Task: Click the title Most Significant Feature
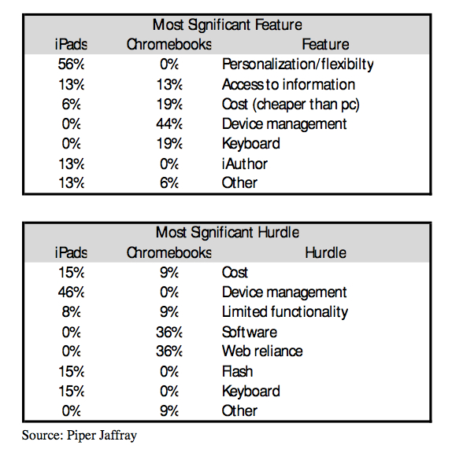coord(227,24)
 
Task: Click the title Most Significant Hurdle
coord(227,232)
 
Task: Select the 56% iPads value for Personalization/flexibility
coord(71,64)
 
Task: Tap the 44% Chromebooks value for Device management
coord(169,124)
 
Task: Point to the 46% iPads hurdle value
coord(71,293)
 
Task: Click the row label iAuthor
coord(244,164)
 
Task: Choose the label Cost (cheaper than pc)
coord(291,105)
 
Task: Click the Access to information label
coord(288,85)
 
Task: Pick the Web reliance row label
coord(262,351)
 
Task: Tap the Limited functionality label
coord(285,312)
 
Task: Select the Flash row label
coord(237,371)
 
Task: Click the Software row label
coord(250,332)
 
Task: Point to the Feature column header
coord(325,45)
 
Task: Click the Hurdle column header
coord(325,252)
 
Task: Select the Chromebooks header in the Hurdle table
coord(169,252)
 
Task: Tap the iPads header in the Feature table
coord(71,45)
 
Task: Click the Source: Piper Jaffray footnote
coord(80,436)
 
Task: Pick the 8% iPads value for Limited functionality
coord(71,312)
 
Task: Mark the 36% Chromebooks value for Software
coord(169,332)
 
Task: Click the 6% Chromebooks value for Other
coord(169,182)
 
